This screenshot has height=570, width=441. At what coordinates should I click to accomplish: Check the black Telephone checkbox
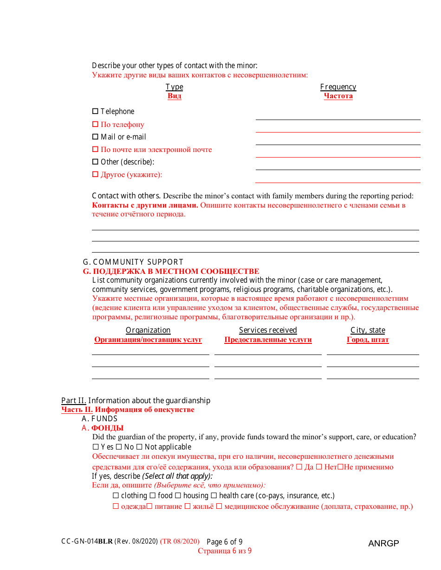95,111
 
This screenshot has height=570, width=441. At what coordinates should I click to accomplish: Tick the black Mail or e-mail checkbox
95,137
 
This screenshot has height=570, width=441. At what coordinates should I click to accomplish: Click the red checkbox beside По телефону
95,124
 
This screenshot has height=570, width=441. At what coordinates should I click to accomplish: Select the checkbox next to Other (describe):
95,162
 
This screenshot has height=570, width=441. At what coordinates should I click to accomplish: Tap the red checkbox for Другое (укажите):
95,174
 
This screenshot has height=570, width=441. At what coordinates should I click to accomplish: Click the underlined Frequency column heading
338,87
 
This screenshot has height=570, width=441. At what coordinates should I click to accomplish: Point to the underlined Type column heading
174,87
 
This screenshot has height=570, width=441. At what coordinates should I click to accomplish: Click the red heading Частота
338,96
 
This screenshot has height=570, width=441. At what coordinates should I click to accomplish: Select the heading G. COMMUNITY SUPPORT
133,262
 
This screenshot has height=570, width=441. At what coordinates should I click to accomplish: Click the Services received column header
268,330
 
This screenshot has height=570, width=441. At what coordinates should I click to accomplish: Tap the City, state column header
368,330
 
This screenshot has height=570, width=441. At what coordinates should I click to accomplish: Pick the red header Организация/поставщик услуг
148,340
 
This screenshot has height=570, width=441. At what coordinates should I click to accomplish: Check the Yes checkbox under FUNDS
96,447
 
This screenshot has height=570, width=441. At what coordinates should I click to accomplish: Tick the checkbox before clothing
116,495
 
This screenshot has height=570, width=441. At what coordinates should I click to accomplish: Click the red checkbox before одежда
116,507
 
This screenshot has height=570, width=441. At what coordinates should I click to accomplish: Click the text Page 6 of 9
224,542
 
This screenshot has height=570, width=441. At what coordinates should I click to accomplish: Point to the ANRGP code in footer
383,544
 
